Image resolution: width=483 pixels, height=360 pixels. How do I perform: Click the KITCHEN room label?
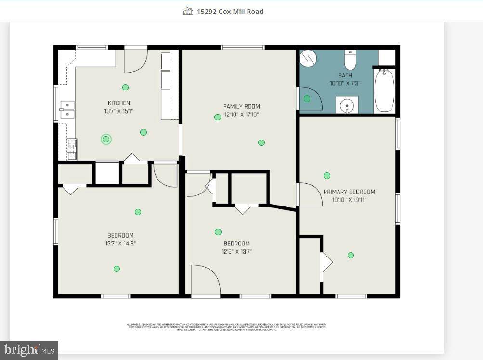pyautogui.click(x=118, y=103)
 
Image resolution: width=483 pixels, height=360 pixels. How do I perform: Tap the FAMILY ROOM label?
pyautogui.click(x=241, y=106)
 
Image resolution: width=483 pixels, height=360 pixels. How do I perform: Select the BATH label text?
pyautogui.click(x=345, y=76)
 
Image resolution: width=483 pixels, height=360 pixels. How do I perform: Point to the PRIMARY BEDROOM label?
pyautogui.click(x=349, y=192)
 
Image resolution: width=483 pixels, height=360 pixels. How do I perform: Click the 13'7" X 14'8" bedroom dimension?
pyautogui.click(x=120, y=244)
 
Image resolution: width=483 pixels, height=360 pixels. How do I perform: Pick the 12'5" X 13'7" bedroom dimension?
pyautogui.click(x=236, y=251)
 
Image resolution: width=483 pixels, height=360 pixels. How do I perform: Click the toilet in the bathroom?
pyautogui.click(x=350, y=60)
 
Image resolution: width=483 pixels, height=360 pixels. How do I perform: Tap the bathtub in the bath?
pyautogui.click(x=384, y=90)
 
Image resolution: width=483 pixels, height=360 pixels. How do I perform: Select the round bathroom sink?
pyautogui.click(x=347, y=105)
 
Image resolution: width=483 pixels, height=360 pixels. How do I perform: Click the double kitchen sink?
pyautogui.click(x=67, y=110)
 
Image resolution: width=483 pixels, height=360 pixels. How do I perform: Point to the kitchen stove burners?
pyautogui.click(x=71, y=149)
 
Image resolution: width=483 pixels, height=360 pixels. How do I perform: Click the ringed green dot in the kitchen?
pyautogui.click(x=106, y=139)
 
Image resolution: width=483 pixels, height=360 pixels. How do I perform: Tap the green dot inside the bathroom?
pyautogui.click(x=307, y=99)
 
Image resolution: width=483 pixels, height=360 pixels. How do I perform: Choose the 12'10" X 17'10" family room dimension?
pyautogui.click(x=241, y=115)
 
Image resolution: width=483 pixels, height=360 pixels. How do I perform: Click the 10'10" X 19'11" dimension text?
pyautogui.click(x=349, y=200)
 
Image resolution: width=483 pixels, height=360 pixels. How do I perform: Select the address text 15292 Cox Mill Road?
pyautogui.click(x=230, y=12)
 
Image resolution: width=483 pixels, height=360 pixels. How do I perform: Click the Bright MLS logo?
pyautogui.click(x=29, y=350)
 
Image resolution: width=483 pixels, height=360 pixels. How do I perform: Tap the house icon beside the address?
pyautogui.click(x=187, y=11)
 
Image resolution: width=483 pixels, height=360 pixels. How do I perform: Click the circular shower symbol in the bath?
pyautogui.click(x=308, y=59)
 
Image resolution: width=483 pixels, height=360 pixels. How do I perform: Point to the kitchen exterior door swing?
pyautogui.click(x=135, y=61)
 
